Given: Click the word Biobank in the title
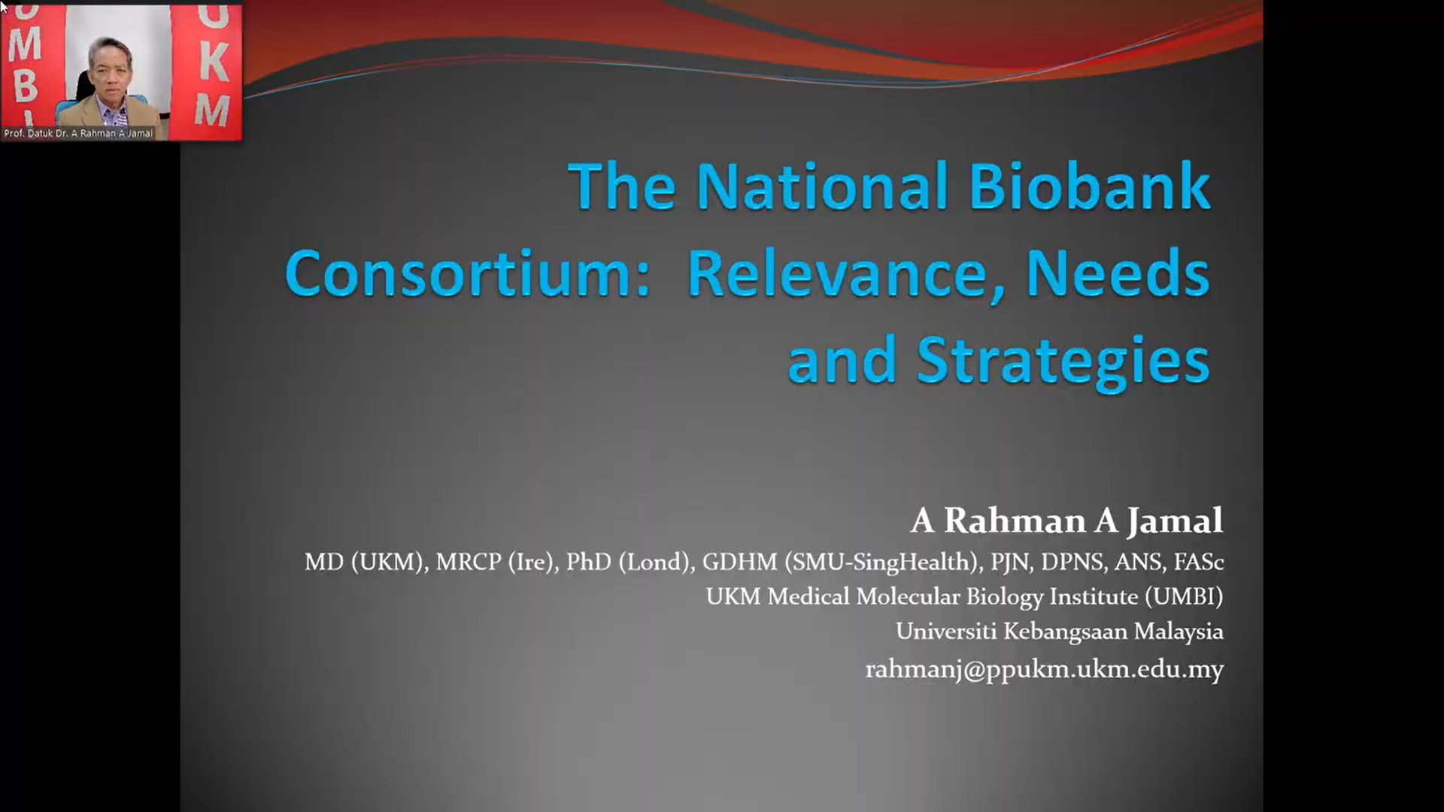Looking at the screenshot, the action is coord(1089,186).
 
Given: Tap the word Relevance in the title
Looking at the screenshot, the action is coord(846,274).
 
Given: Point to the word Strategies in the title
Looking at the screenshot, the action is coord(1063,363).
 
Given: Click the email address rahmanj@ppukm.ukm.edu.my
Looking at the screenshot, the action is coord(1044,669).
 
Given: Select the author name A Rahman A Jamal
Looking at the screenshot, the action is coord(1066,520).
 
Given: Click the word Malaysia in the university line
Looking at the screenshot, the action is coord(1179,632).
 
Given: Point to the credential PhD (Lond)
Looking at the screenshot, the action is coord(629,562).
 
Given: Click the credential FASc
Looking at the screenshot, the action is coord(1199,562).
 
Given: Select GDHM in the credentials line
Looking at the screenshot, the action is coord(739,562).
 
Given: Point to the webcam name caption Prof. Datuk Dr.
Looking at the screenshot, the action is coord(35,133).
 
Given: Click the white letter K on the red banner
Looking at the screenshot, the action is coord(213,62).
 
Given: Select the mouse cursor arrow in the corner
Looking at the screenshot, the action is coord(4,6).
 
